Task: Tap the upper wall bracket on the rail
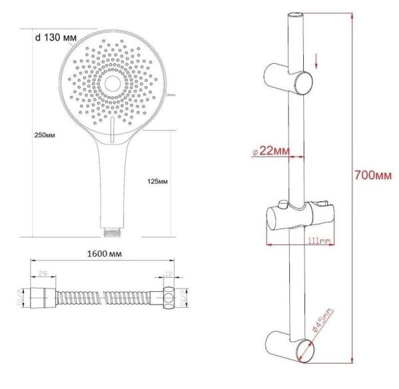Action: pyautogui.click(x=291, y=80)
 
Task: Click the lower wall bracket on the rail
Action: pyautogui.click(x=291, y=346)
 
